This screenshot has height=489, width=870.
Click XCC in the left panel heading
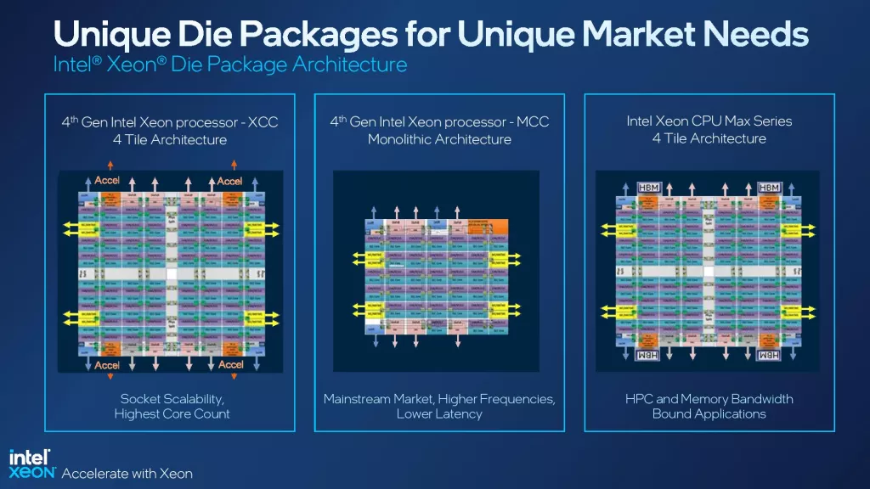264,122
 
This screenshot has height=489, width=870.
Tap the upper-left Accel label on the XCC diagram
107,181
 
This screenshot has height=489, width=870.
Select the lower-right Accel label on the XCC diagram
231,365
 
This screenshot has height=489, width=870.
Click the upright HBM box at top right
769,187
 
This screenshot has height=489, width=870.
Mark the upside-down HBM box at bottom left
647,355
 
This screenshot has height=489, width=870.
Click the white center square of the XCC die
171,274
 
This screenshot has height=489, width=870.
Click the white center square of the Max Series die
709,270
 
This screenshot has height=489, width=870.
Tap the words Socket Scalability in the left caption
172,398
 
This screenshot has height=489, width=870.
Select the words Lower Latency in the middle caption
439,414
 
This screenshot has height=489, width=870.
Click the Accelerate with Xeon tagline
127,473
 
